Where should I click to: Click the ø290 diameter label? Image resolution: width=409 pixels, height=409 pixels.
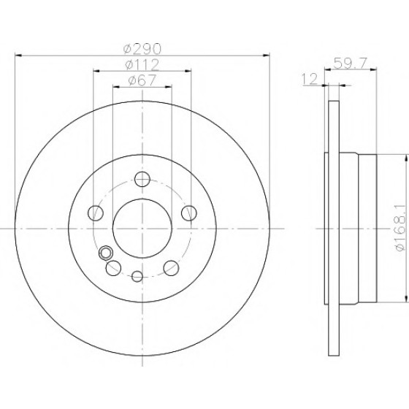coord(142,49)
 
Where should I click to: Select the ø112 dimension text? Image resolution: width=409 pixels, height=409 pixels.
coord(142,65)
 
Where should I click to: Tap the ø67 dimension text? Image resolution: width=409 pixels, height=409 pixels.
coord(142,80)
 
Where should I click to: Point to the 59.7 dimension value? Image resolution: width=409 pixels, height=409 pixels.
coord(351,63)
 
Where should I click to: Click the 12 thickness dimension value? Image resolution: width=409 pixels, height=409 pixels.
coord(310,79)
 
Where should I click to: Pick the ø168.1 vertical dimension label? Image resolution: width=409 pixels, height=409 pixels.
coord(400,228)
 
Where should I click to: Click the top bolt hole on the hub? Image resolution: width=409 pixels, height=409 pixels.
coord(142,179)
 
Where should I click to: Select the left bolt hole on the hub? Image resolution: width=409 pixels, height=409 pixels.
coord(96,213)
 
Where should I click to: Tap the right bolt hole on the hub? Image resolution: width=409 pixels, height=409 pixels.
coord(189,213)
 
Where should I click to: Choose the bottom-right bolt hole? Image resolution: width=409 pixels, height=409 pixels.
coord(171,268)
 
